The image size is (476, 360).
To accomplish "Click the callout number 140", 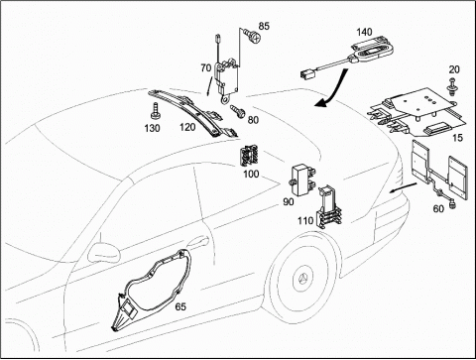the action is point(364,32).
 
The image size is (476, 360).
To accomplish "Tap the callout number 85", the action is point(264,26).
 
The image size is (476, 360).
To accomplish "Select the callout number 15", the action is point(457,138).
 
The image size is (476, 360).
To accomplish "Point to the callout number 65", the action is point(180,306).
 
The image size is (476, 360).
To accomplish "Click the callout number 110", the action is point(305,220).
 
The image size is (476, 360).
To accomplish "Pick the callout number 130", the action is point(152,128).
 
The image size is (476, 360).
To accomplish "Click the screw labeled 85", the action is point(251,35).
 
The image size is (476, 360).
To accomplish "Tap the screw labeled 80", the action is point(239,111).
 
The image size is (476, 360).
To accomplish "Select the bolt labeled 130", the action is point(155,111).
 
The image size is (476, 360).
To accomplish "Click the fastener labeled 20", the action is point(452,84).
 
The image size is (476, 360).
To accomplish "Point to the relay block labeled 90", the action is point(301,179).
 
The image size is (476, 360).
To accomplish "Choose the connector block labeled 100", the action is point(249,157).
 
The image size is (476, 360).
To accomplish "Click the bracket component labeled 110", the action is point(329,207).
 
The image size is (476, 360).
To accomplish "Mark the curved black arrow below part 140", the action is point(334,91).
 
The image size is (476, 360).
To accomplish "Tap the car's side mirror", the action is point(104,252).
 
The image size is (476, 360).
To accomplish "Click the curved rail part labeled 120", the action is point(192,112).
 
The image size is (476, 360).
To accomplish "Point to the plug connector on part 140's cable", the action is point(307,74).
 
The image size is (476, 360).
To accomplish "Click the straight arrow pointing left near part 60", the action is point(403,187).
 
